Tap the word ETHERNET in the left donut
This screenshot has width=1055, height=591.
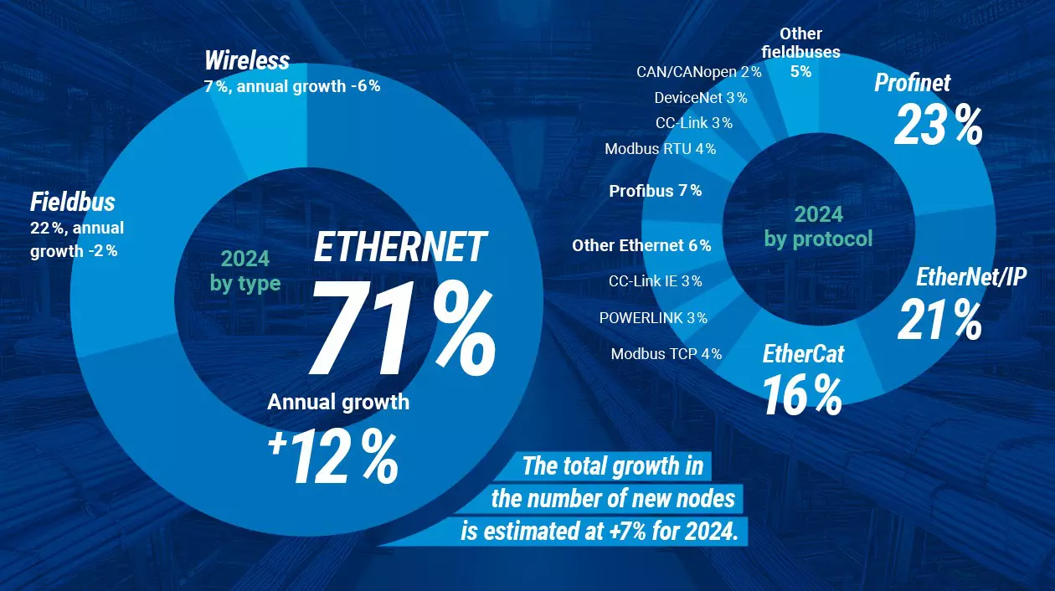[400, 248]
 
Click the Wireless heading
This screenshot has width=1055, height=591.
[247, 61]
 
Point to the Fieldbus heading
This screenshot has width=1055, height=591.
[72, 202]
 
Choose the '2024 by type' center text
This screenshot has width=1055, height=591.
[245, 270]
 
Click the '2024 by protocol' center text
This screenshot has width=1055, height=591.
[818, 227]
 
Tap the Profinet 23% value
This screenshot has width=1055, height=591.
[938, 125]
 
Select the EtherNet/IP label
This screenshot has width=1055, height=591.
[971, 277]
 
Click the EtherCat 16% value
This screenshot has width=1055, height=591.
[802, 396]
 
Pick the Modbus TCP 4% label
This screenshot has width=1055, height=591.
[666, 354]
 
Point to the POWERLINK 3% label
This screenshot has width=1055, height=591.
[653, 318]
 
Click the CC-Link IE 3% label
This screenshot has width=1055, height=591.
[655, 281]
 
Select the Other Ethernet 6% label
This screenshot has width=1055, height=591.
[641, 245]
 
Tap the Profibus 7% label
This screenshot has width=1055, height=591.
[655, 191]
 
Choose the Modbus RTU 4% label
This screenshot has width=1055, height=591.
[660, 149]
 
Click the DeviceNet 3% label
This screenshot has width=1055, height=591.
[700, 98]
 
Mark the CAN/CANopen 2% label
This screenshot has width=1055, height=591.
[698, 72]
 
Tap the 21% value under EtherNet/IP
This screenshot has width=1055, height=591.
[939, 321]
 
